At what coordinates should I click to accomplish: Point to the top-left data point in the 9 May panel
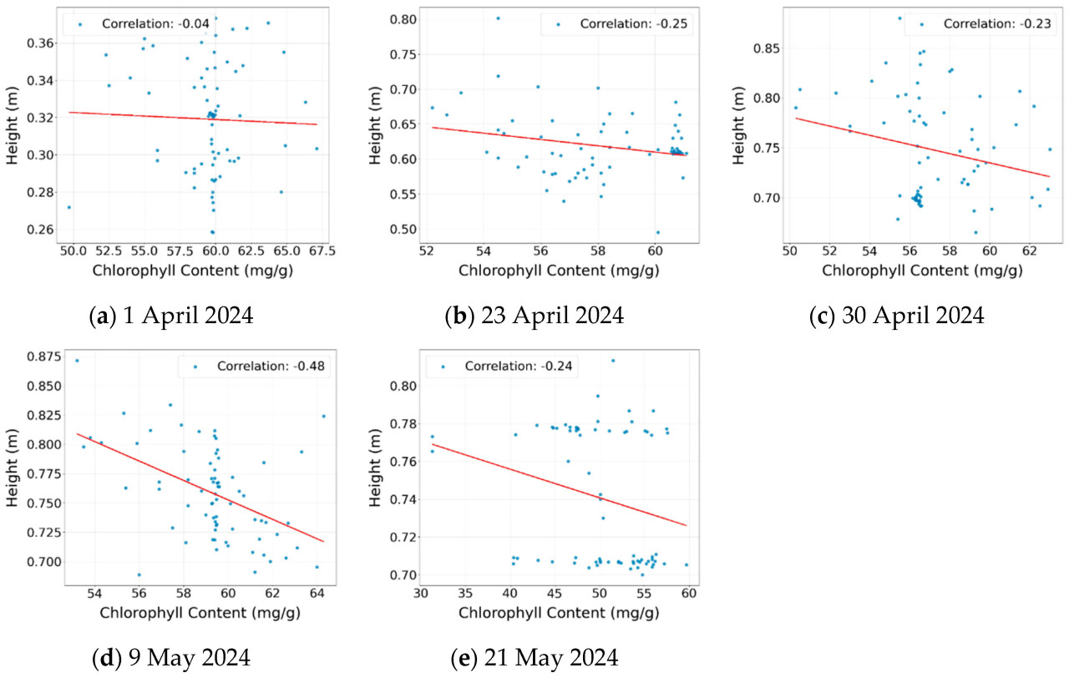(77, 361)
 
